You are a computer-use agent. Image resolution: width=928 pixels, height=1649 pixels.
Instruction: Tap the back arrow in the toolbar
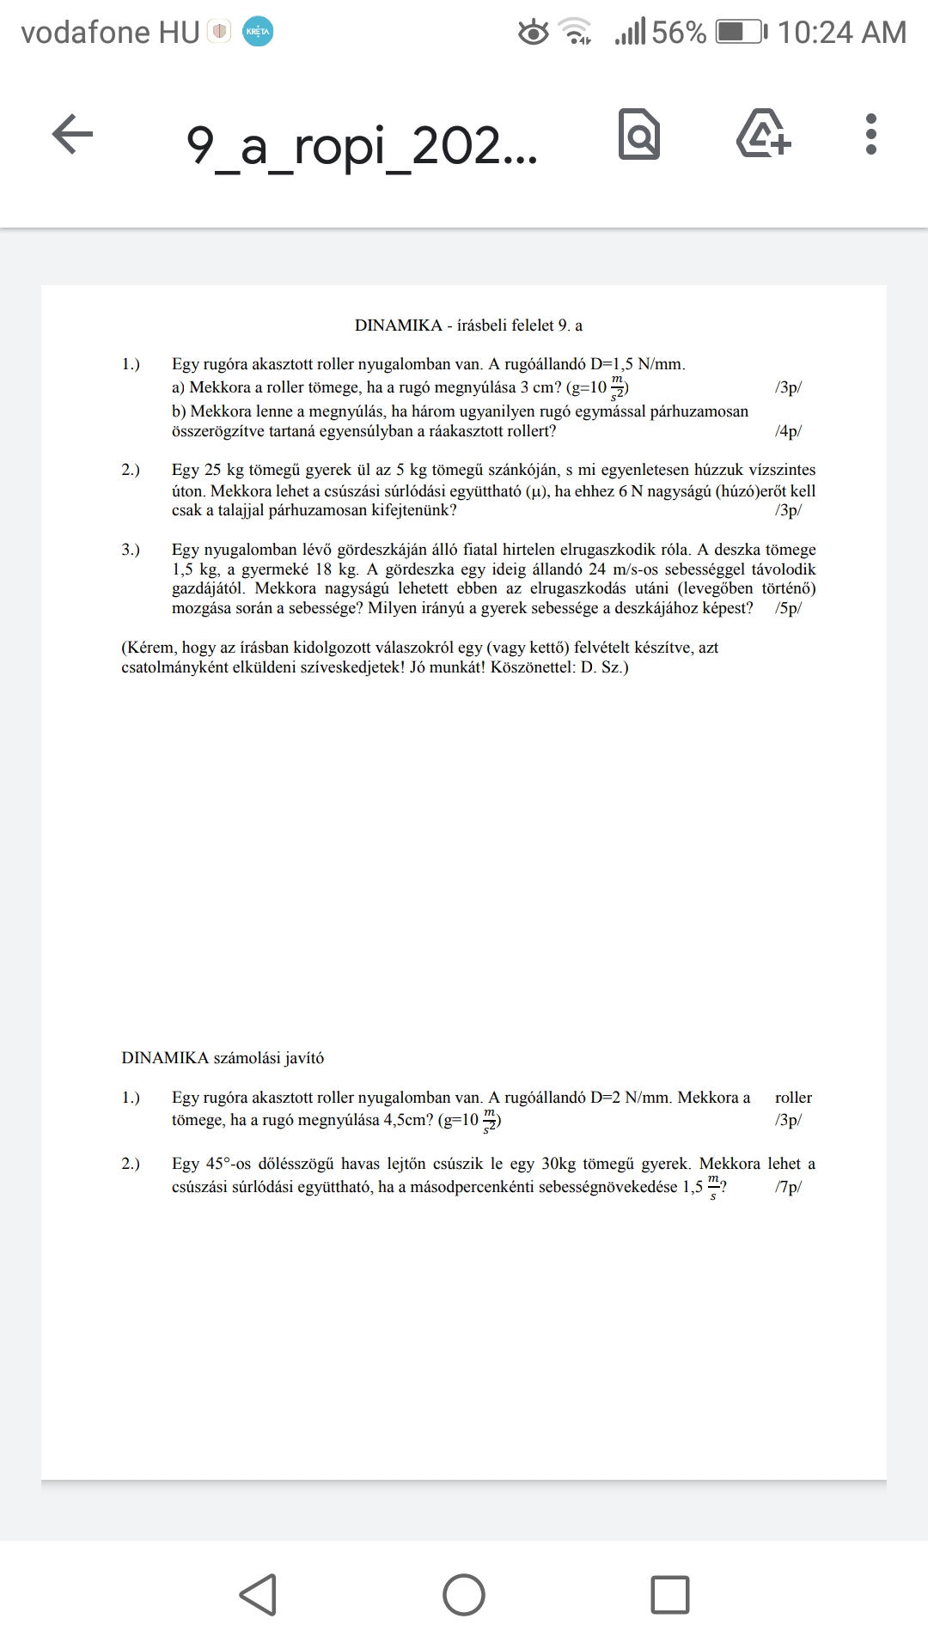coord(72,135)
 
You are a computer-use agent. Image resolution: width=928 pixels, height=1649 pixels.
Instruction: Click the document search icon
coord(639,135)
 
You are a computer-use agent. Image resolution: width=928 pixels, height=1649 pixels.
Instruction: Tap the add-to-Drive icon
coord(764,135)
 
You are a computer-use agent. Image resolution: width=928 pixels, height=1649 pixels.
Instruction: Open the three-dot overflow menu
coord(871,135)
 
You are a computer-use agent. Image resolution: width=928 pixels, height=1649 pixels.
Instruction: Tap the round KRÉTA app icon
coord(258,32)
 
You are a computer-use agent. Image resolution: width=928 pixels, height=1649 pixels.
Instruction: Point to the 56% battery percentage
coord(678,33)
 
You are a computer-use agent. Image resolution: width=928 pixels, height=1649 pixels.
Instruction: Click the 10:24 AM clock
coord(841,33)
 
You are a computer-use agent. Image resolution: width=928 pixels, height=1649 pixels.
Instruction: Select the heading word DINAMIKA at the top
coord(398,326)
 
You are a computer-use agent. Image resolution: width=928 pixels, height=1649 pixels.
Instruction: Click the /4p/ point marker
coord(788,431)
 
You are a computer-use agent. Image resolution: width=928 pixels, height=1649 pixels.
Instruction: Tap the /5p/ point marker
coord(788,608)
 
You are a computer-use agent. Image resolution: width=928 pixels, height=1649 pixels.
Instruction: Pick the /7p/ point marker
coord(788,1187)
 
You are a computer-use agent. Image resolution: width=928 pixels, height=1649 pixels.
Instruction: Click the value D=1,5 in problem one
coord(609,364)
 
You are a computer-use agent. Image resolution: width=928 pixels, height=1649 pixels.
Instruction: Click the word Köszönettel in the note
coord(530,667)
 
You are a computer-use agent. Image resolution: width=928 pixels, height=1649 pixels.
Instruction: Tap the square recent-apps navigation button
coord(670,1595)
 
